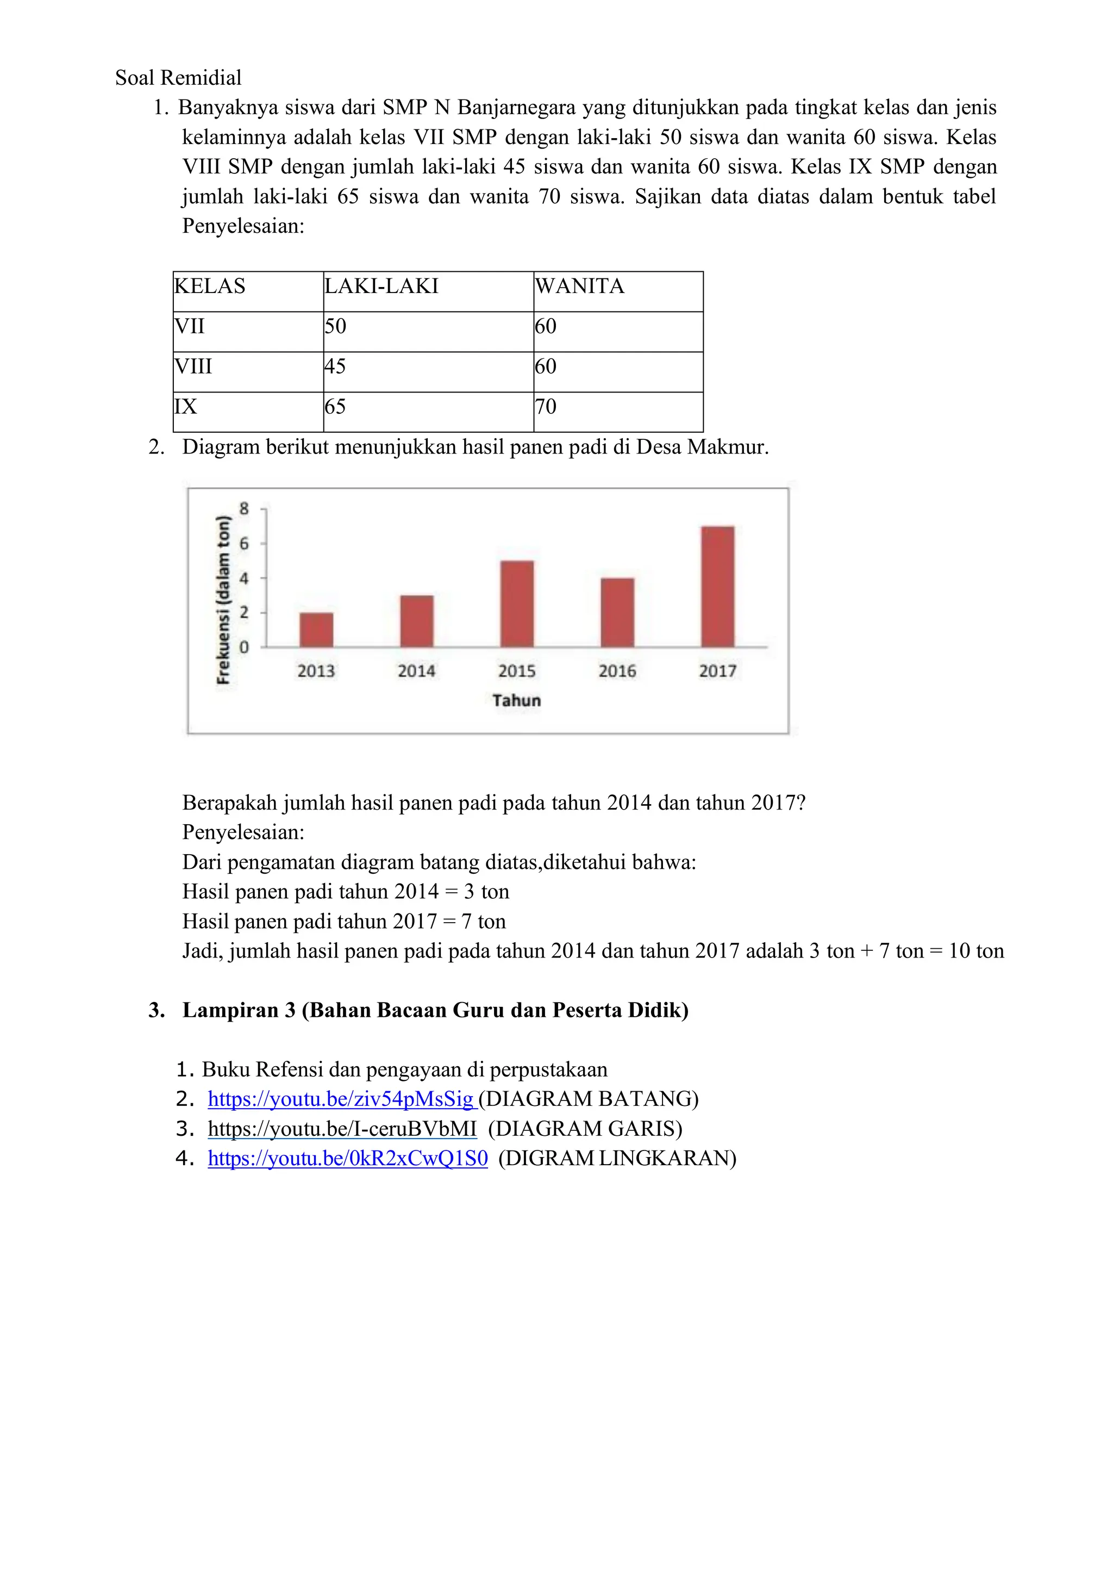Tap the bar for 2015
coord(517,604)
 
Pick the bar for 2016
coord(617,613)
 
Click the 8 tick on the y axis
coord(244,509)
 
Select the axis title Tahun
coord(516,701)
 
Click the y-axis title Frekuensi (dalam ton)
coord(223,600)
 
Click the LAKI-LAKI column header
coord(381,286)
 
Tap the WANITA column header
coord(579,286)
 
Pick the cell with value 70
coord(546,407)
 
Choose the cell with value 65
coord(335,407)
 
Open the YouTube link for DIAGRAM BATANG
coord(341,1099)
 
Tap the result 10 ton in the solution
coord(976,951)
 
